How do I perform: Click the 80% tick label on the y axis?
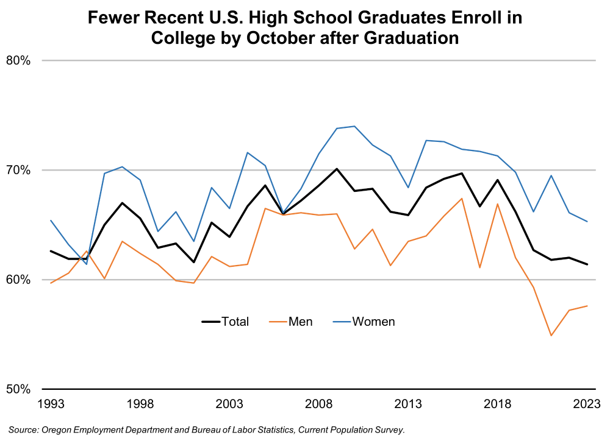tap(19, 60)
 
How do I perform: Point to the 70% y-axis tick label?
tap(19, 170)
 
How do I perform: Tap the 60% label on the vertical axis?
tap(19, 280)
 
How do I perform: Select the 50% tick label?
tap(19, 389)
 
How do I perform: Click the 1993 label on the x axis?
tap(51, 404)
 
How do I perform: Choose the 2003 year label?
tap(229, 404)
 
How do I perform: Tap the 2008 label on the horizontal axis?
tap(319, 404)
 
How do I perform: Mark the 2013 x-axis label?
tap(408, 404)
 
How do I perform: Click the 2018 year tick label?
tap(498, 404)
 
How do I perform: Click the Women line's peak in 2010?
tap(354, 126)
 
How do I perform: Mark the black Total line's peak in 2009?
tap(337, 169)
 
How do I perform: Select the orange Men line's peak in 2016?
tap(462, 199)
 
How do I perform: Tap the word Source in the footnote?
tap(23, 430)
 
